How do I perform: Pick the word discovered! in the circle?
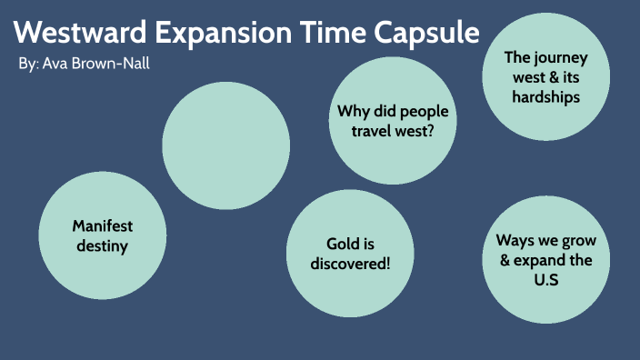[x=350, y=264]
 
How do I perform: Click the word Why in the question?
[x=353, y=112]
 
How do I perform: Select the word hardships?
[x=545, y=96]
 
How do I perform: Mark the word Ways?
[x=515, y=240]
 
